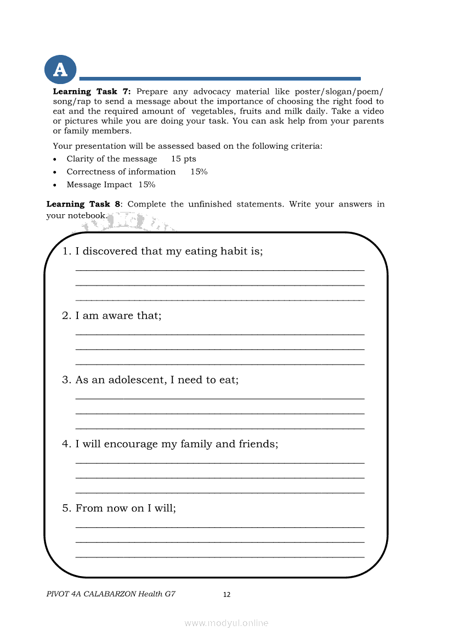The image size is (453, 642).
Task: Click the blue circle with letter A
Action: [60, 70]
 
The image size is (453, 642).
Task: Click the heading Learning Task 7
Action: [92, 92]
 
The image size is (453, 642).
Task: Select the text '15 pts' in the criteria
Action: [184, 159]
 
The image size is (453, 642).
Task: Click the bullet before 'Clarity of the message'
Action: [54, 159]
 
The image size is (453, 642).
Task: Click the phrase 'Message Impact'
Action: [99, 185]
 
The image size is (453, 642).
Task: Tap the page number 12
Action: [226, 595]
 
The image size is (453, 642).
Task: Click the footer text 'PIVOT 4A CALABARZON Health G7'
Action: [111, 594]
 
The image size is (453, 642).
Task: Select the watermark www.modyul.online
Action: [226, 623]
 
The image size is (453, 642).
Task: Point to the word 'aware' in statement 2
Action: [118, 316]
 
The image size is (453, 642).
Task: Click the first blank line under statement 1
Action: [219, 270]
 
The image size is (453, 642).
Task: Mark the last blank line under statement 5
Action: [219, 556]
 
